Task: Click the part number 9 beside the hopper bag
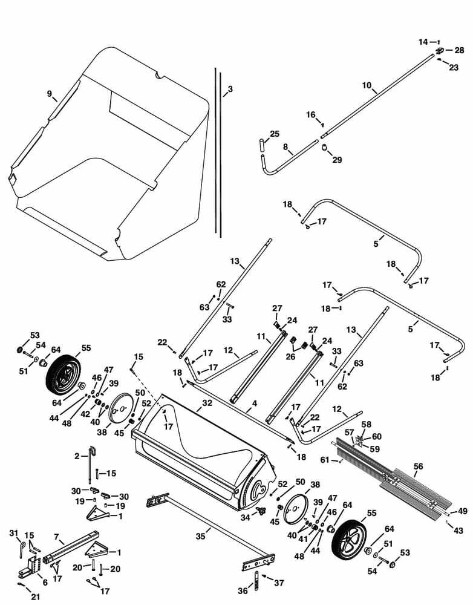[50, 93]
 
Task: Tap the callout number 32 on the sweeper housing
[207, 402]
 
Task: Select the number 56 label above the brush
[418, 466]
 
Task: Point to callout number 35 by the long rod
[201, 535]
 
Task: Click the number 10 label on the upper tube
[367, 85]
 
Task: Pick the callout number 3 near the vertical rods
[229, 89]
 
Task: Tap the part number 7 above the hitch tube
[56, 537]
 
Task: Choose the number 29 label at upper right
[337, 160]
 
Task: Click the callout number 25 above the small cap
[275, 134]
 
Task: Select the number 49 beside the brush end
[462, 511]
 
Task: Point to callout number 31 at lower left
[14, 532]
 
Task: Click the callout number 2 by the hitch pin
[77, 456]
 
